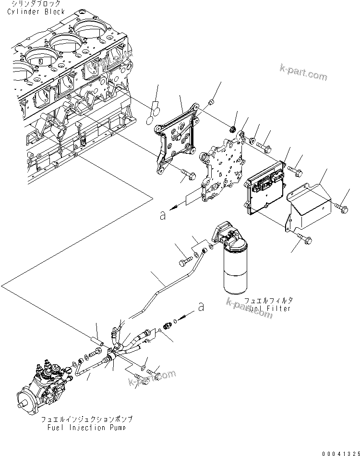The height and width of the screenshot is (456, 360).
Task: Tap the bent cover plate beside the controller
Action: point(309,207)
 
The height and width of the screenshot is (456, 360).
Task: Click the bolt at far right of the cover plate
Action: point(344,207)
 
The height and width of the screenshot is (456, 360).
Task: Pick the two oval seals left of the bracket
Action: point(152,110)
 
